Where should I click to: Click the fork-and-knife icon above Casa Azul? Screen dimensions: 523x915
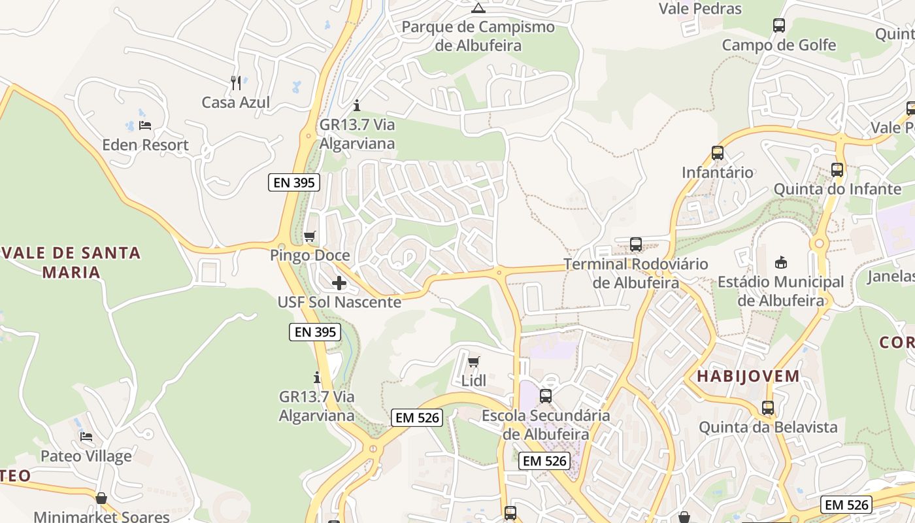[x=236, y=83]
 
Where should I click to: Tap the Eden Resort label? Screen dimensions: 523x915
[x=145, y=144]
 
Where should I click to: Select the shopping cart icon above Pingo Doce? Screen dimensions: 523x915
[x=310, y=236]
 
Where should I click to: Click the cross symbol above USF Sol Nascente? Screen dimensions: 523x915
[x=339, y=283]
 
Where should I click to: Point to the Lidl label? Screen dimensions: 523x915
[x=474, y=380]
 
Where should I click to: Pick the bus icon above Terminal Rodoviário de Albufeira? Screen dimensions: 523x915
[x=636, y=245]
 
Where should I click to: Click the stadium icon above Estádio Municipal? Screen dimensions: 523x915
[x=780, y=263]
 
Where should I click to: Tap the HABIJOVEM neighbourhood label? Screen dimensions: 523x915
[x=748, y=376]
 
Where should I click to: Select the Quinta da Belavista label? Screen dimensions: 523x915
[x=768, y=427]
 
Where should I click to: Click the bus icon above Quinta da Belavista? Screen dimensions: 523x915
[x=768, y=408]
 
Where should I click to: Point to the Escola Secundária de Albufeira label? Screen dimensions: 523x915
[x=546, y=424]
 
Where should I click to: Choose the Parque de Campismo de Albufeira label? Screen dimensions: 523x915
[x=478, y=36]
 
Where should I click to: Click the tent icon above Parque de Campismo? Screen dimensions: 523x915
[x=478, y=8]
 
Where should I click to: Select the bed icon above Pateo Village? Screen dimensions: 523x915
[x=86, y=437]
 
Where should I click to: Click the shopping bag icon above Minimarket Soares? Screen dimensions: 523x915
[x=101, y=499]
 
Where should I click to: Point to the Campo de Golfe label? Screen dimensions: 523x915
[x=778, y=44]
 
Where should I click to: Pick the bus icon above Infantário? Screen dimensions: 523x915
[x=718, y=154]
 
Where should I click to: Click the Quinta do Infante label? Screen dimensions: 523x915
[x=837, y=189]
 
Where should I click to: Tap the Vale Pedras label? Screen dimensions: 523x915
[x=700, y=8]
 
